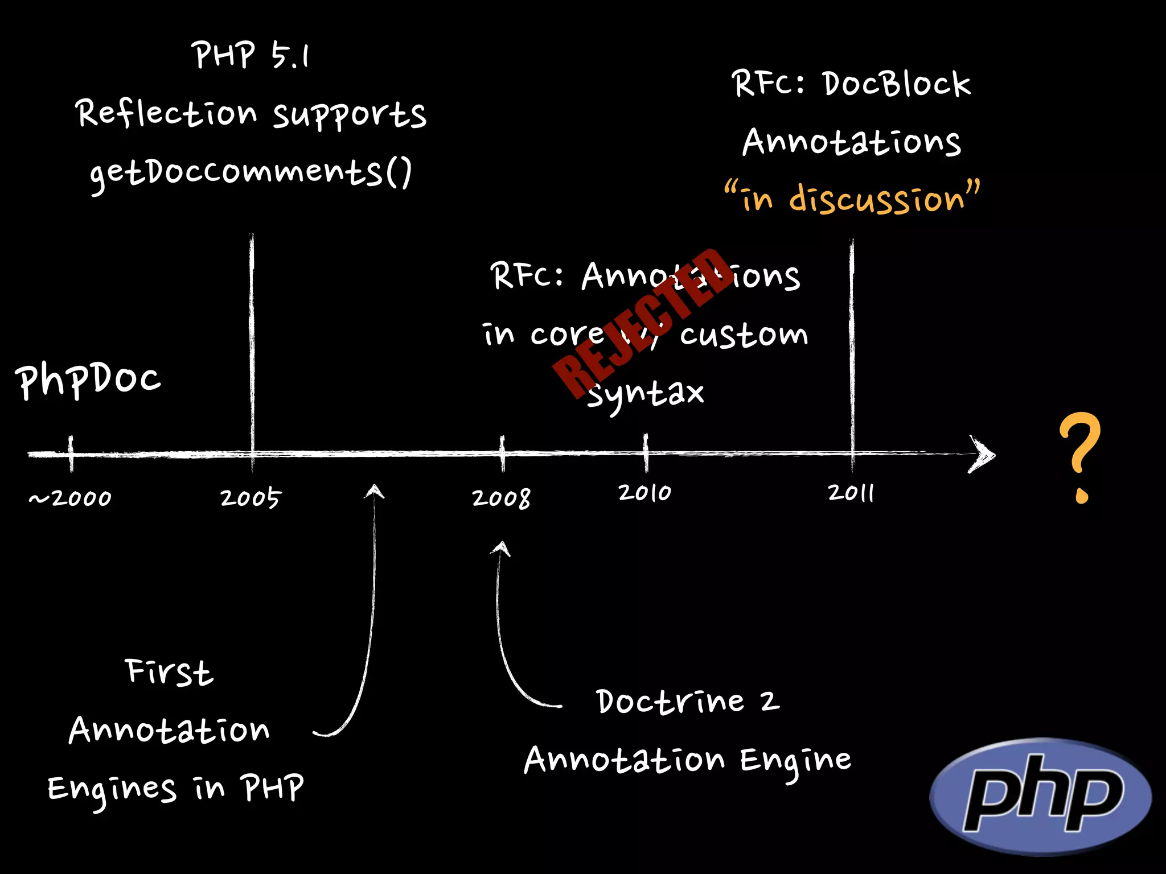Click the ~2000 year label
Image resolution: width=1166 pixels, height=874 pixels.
pyautogui.click(x=70, y=498)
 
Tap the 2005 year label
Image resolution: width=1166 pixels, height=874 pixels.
pyautogui.click(x=251, y=498)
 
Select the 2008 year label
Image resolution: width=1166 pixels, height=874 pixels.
pyautogui.click(x=501, y=498)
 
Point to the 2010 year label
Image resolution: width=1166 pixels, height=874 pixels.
pyautogui.click(x=644, y=493)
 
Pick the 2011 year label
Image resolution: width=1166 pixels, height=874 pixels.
pyautogui.click(x=851, y=493)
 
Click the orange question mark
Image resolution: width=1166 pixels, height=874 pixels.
pyautogui.click(x=1079, y=455)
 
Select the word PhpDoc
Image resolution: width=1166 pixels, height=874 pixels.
pyautogui.click(x=88, y=380)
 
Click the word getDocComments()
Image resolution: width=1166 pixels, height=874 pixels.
pyautogui.click(x=251, y=172)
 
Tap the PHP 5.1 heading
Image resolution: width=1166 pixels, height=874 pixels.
pyautogui.click(x=251, y=56)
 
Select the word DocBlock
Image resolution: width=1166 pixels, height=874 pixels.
pyautogui.click(x=896, y=84)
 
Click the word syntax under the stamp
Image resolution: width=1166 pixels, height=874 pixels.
pyautogui.click(x=646, y=394)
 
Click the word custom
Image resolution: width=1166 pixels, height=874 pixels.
pyautogui.click(x=744, y=335)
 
